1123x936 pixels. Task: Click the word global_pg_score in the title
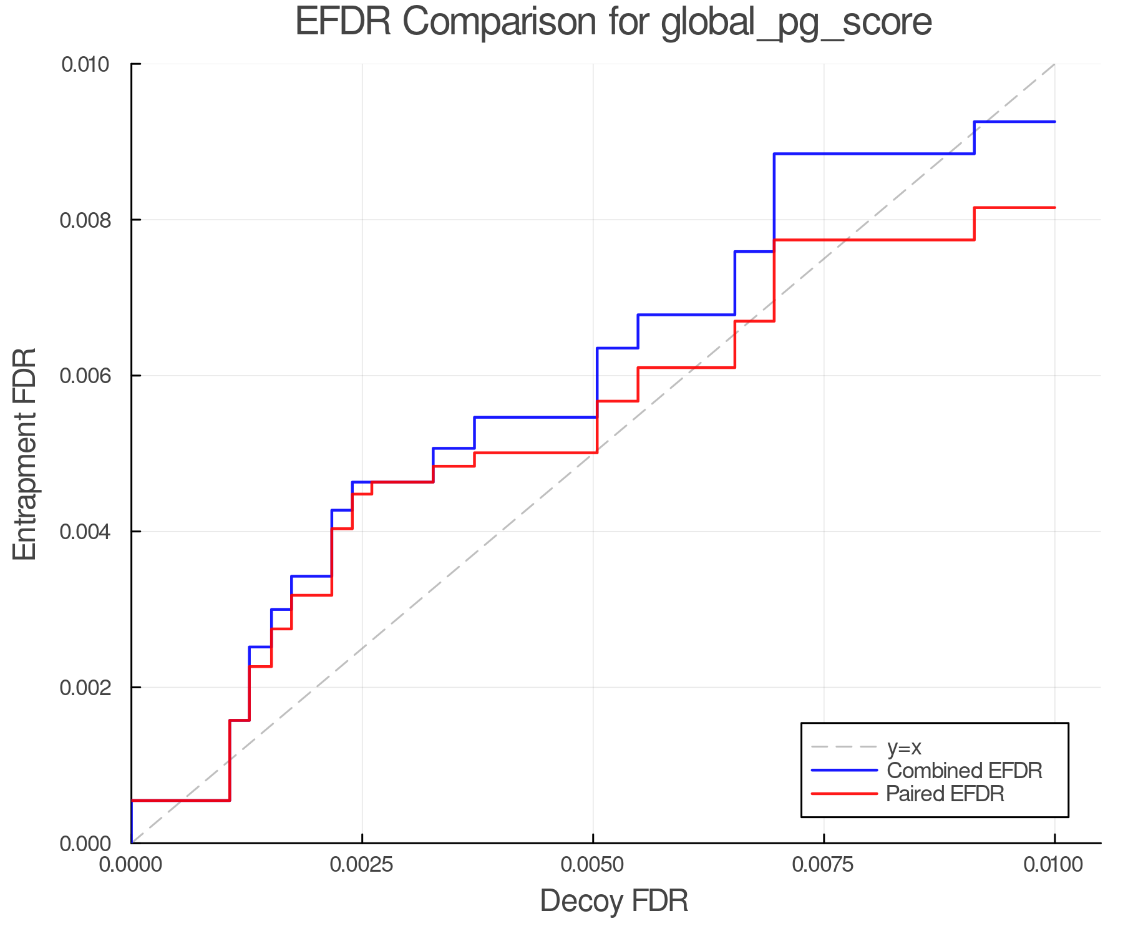[795, 22]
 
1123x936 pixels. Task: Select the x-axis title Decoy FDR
[614, 901]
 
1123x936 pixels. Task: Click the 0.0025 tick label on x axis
[362, 865]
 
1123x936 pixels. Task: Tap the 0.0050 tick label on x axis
[593, 865]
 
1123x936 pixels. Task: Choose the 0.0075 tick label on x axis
[824, 865]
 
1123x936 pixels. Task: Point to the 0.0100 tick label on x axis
[1054, 865]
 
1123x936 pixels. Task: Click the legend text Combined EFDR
[964, 771]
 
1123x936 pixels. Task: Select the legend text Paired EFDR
[945, 794]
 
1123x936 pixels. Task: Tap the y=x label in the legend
[904, 748]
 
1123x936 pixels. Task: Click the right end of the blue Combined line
[1054, 122]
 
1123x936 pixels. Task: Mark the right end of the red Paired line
[1054, 208]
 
